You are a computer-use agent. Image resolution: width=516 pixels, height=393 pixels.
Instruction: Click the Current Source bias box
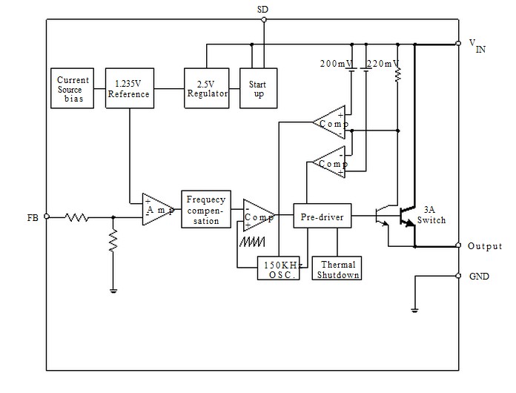tap(73, 88)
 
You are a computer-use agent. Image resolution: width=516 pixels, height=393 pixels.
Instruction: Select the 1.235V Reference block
tap(128, 88)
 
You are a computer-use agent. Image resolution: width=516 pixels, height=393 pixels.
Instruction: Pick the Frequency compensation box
tap(202, 210)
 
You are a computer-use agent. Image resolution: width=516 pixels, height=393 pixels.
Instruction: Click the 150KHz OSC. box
tap(279, 268)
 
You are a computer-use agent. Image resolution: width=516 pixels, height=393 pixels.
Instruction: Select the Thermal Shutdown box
tap(338, 268)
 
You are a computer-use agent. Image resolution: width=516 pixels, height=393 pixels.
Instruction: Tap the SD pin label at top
tap(263, 9)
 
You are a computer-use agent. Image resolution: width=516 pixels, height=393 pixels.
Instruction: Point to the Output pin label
tap(485, 246)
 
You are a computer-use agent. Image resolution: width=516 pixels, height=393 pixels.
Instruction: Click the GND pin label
tap(479, 275)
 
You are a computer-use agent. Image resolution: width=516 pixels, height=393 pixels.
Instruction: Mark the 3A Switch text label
tap(431, 215)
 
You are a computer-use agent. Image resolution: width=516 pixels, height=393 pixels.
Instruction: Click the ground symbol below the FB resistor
tap(113, 291)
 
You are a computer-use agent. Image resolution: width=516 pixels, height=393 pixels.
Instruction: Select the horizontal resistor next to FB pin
tap(76, 217)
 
